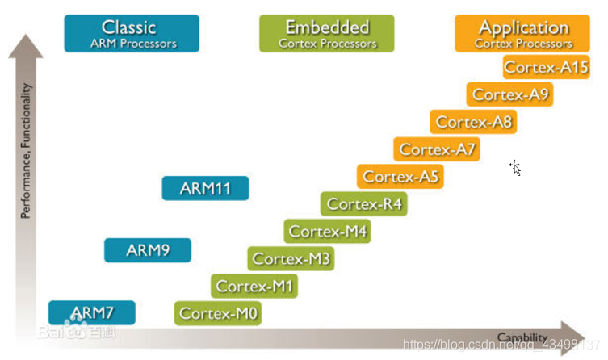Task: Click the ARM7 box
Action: (92, 312)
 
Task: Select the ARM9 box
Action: (148, 250)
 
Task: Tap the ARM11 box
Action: (205, 189)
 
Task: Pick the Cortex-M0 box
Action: (218, 314)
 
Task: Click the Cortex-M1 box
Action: (254, 286)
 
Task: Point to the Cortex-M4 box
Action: (328, 232)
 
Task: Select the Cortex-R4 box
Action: (364, 204)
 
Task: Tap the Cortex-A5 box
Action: (400, 177)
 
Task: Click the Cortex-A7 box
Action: (437, 149)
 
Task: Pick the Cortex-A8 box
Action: (473, 122)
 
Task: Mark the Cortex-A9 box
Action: (510, 94)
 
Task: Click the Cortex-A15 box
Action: (546, 67)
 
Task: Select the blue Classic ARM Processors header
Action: (132, 34)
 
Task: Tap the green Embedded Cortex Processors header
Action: (327, 34)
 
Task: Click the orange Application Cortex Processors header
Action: (523, 34)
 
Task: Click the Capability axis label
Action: (522, 337)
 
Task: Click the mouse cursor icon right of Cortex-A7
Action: (514, 167)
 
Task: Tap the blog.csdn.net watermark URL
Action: (501, 345)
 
